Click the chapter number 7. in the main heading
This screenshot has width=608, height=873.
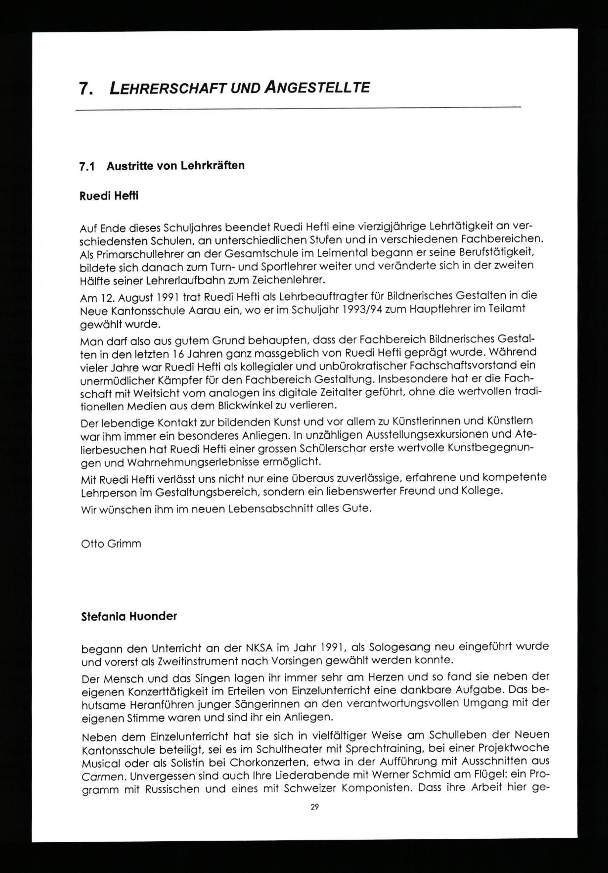click(x=85, y=89)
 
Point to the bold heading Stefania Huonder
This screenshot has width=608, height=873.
click(x=129, y=616)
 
